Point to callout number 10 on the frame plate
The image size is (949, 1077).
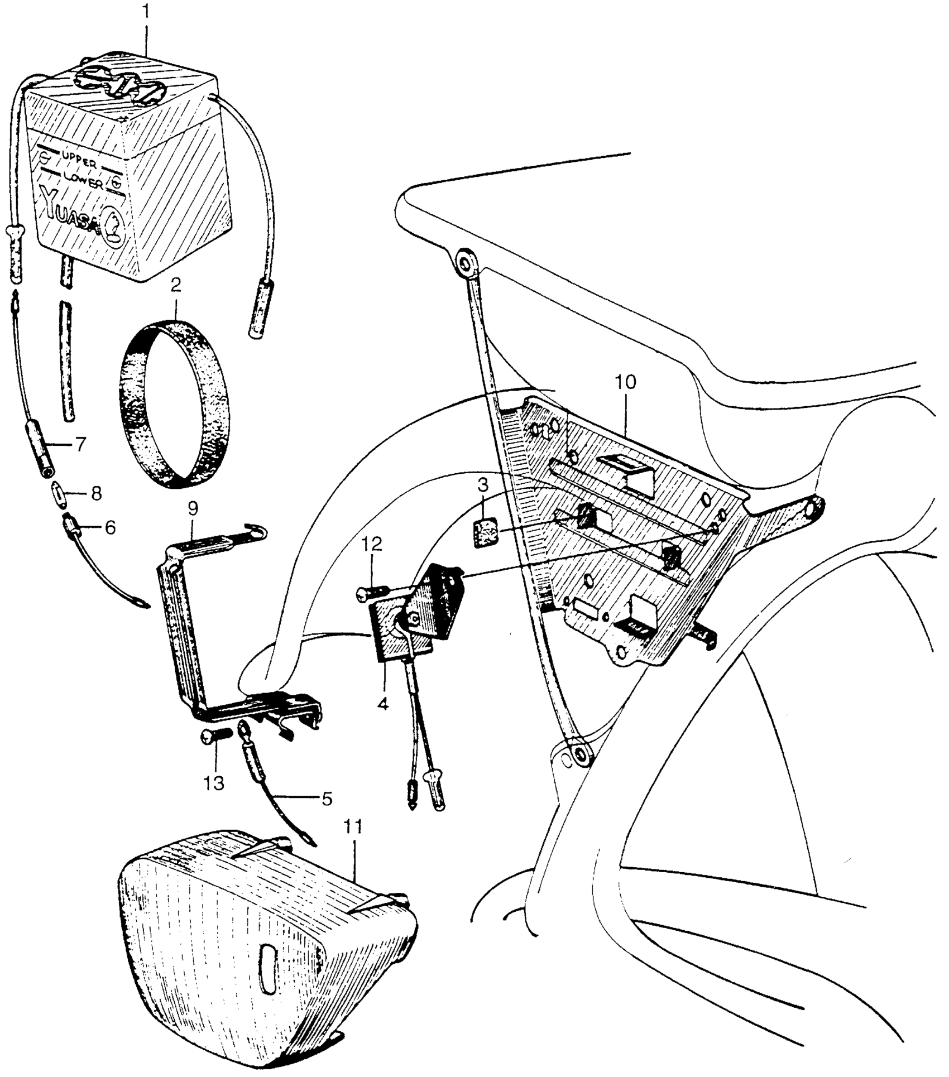coord(626,383)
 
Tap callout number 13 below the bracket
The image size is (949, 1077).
coord(213,783)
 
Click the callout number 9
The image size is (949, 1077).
coord(193,509)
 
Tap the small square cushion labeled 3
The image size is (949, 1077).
coord(485,534)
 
